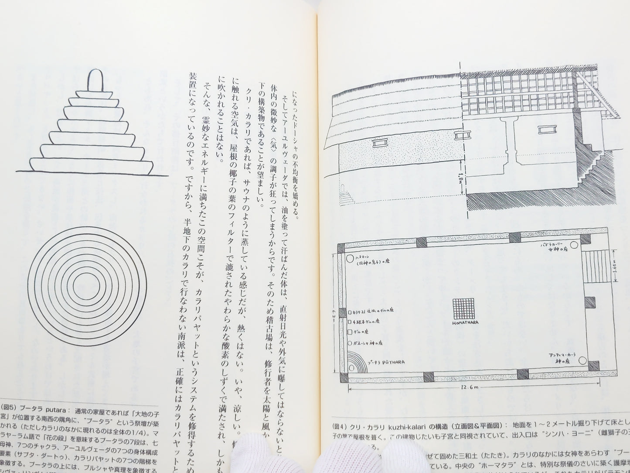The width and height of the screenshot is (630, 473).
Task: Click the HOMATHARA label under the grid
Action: tap(465, 323)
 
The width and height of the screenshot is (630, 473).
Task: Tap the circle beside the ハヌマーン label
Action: tap(350, 259)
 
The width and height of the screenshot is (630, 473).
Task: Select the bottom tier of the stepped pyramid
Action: tap(92, 166)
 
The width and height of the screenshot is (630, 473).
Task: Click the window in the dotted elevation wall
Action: tap(381, 142)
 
